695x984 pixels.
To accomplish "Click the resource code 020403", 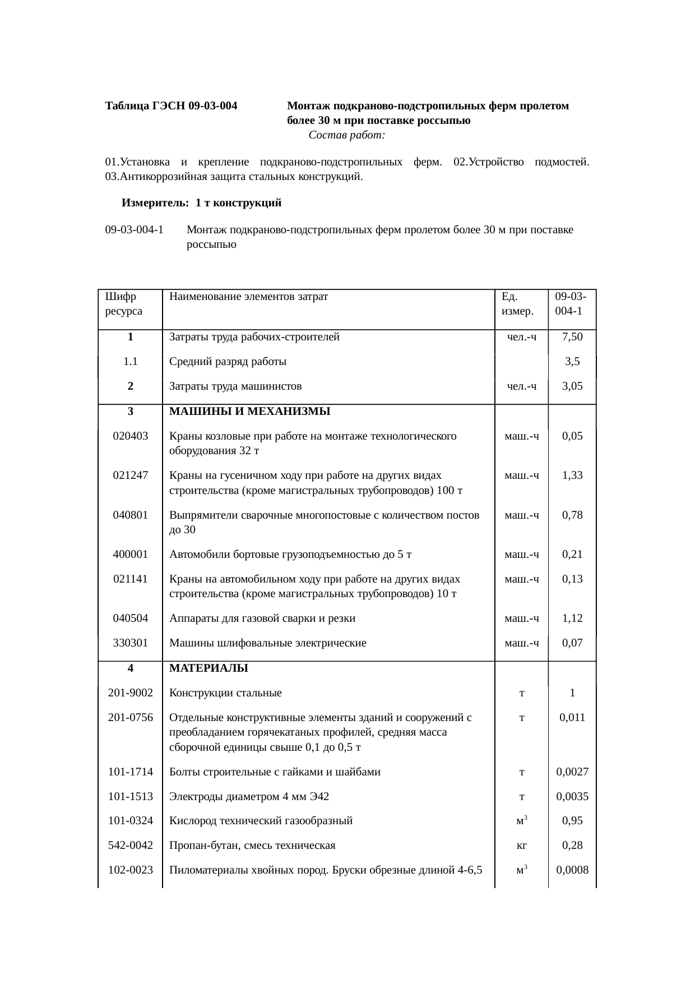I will (x=130, y=436).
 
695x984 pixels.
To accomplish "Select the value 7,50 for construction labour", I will (x=572, y=337).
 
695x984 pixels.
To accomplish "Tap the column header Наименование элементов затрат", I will (x=248, y=296).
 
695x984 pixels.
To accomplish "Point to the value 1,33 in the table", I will (x=572, y=475).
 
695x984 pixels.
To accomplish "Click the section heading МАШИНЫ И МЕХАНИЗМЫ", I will (x=249, y=412).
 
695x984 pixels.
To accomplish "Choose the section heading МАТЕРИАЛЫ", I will (x=208, y=668).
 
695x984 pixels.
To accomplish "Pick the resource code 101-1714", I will (x=130, y=772).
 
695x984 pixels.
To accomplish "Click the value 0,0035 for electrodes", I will (x=572, y=796).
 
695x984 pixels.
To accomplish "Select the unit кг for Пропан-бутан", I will (x=521, y=846).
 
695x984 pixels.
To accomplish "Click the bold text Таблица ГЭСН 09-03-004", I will (x=171, y=106).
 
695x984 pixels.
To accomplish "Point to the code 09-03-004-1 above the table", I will (x=135, y=230).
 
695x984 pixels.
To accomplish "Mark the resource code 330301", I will (x=130, y=643).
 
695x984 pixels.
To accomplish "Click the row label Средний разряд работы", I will (x=228, y=362).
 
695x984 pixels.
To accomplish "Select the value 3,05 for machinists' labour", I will (x=572, y=386).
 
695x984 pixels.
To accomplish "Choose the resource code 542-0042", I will (x=130, y=846).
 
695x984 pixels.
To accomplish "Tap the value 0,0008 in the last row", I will (x=572, y=870).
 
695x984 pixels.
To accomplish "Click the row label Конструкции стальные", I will (x=225, y=693).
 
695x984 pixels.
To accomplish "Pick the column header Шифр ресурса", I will (x=123, y=303).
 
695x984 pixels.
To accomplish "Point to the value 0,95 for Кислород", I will (x=572, y=821).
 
